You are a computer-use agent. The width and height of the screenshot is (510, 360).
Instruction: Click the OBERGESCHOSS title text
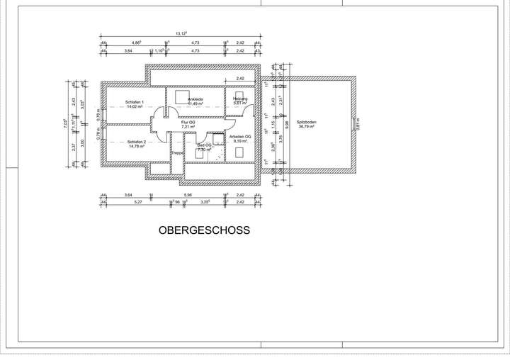(204, 230)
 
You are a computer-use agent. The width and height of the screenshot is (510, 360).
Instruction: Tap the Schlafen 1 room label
(135, 103)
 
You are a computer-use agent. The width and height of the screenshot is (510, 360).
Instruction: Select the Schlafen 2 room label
(136, 142)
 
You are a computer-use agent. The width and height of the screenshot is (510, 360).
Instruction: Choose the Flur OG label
(188, 123)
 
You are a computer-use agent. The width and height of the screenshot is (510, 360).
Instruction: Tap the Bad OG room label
(204, 145)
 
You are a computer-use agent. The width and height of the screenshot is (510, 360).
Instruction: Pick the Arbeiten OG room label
(241, 137)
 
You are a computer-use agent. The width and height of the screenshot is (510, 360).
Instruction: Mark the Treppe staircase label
(177, 152)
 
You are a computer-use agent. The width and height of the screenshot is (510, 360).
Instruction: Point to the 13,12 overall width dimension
(181, 33)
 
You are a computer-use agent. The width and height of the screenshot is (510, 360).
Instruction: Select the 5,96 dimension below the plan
(187, 194)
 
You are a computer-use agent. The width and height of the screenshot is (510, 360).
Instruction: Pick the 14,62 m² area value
(135, 107)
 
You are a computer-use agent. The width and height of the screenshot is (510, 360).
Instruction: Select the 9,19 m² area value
(241, 141)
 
